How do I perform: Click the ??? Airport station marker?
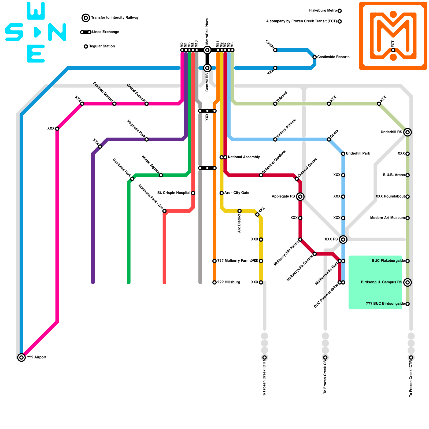point(21,357)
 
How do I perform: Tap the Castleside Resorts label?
point(333,57)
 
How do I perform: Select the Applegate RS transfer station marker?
point(300,197)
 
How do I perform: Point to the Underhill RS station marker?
point(408,132)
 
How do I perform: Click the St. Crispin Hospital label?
point(174,193)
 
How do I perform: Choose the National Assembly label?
point(244,157)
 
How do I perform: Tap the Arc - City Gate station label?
point(237,193)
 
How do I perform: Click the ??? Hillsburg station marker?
point(214,282)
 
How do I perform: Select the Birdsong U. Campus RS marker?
point(408,282)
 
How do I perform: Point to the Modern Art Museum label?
point(387,218)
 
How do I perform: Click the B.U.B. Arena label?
point(394,175)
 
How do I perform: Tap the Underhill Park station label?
point(358,154)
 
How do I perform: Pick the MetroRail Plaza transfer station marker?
point(207,50)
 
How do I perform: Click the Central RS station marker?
point(207,68)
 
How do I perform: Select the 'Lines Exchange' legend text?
point(106,32)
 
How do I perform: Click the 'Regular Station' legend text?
point(102,46)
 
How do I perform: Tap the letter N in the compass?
point(57,32)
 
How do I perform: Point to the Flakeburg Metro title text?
point(323,11)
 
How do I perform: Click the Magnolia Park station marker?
point(146,139)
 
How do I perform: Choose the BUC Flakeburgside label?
point(388,261)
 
